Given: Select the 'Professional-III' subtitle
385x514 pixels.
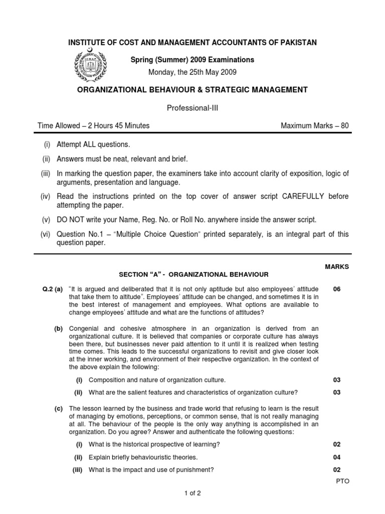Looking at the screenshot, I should [192, 107].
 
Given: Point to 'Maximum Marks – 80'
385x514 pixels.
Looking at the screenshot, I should [314, 125].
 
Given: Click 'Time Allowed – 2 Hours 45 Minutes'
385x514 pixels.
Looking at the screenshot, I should [93, 125].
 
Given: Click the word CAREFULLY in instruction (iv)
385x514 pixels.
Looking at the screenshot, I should [297, 196].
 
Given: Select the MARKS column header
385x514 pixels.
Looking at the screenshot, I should [336, 267].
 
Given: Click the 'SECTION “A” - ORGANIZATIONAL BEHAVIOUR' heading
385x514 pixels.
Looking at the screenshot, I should [194, 275].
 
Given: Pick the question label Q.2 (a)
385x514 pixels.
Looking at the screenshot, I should [52, 289].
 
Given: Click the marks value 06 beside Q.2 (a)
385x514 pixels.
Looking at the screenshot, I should [337, 289].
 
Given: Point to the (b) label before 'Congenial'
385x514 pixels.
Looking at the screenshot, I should [59, 328].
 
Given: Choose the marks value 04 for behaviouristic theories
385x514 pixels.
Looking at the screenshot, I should [337, 457].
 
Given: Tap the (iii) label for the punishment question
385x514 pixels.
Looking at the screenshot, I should [78, 470].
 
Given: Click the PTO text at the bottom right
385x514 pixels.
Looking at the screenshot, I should [343, 481].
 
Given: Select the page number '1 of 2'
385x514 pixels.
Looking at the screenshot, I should [192, 493].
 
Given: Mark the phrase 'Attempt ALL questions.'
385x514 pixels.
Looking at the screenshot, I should [93, 145].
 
